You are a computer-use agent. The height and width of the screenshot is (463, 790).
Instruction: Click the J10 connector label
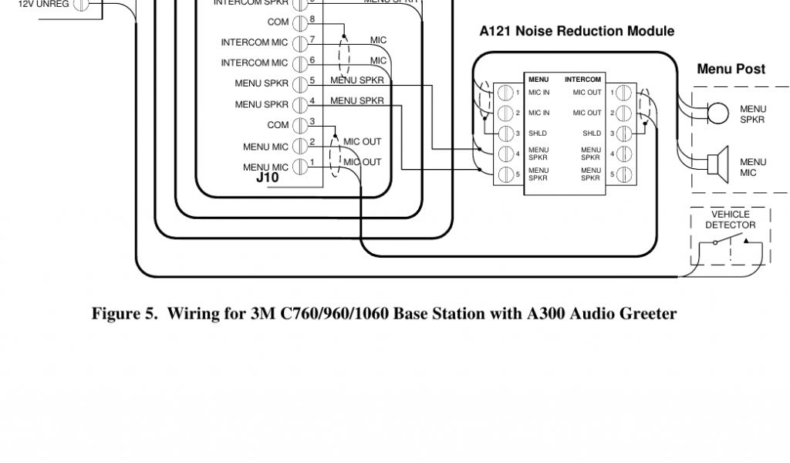coord(267,177)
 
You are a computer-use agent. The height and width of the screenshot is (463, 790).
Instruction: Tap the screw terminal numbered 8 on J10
coord(299,22)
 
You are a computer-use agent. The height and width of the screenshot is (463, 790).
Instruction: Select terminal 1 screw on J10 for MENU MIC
coord(299,167)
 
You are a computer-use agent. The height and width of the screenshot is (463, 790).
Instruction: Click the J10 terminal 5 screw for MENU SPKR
coord(299,83)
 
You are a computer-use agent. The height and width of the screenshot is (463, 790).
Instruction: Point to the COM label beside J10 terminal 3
coord(278,125)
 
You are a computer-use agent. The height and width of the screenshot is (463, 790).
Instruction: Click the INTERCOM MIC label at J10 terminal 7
coord(254,42)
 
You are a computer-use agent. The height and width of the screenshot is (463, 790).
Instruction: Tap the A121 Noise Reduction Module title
coord(576,32)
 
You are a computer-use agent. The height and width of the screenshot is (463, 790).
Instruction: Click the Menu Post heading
coord(731,69)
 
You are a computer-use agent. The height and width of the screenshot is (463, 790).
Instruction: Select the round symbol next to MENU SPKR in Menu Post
coord(717,113)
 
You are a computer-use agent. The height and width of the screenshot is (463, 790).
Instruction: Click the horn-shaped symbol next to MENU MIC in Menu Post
coord(719,163)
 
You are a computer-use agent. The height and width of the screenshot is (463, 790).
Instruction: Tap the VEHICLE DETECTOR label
coord(730,220)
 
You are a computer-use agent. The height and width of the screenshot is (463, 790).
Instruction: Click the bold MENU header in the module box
coord(538,79)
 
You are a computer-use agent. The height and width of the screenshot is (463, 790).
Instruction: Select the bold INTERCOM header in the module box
coord(582,79)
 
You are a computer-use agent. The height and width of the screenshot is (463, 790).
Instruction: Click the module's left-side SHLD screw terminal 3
coord(506,133)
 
